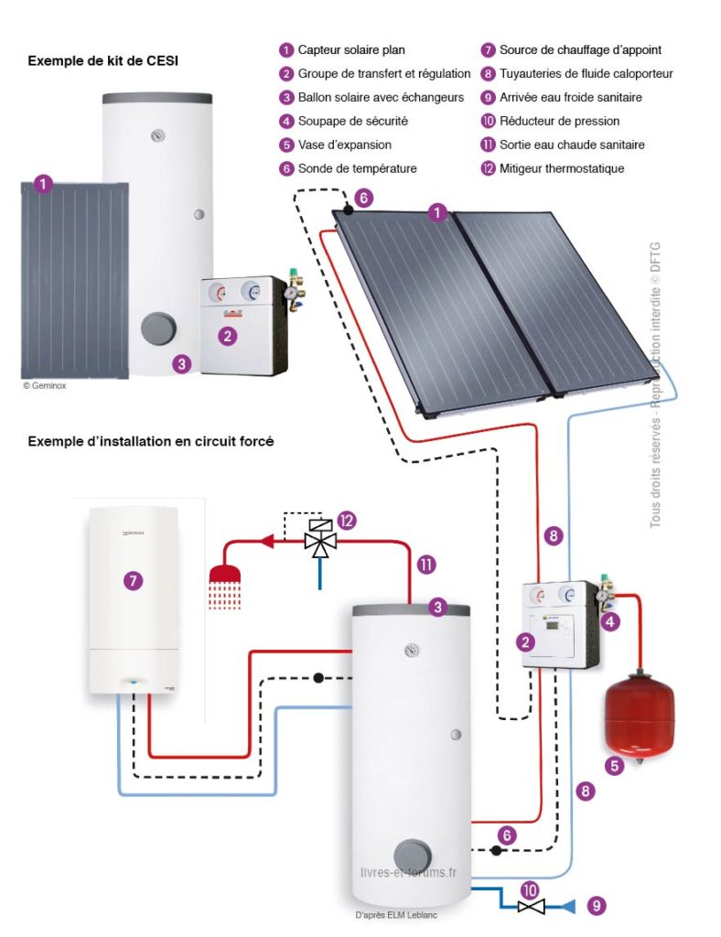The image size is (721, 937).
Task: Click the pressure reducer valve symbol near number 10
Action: pyautogui.click(x=530, y=906)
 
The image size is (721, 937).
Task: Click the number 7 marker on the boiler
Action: pyautogui.click(x=134, y=580)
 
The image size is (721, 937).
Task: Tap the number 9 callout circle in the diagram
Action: pyautogui.click(x=597, y=906)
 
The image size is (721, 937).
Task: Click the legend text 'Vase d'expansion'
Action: pyautogui.click(x=344, y=145)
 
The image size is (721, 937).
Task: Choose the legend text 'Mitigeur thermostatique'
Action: pyautogui.click(x=561, y=168)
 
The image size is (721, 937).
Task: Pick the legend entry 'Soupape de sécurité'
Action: pyautogui.click(x=352, y=121)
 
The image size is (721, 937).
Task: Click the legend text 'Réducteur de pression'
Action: pyautogui.click(x=559, y=121)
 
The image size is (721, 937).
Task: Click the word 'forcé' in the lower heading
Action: pyautogui.click(x=256, y=441)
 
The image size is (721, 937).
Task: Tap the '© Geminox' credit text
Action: pyautogui.click(x=45, y=386)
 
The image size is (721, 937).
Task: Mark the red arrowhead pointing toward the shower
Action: pyautogui.click(x=268, y=541)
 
